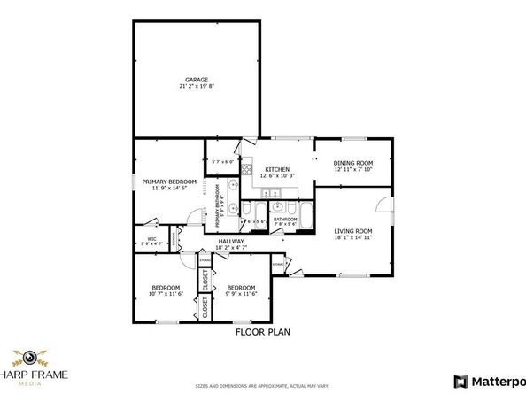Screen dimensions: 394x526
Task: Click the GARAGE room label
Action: coord(197,80)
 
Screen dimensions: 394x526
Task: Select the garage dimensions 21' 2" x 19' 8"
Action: coord(197,87)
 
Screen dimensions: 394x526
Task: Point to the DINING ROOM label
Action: coord(353,163)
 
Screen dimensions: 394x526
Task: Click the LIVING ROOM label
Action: coord(353,232)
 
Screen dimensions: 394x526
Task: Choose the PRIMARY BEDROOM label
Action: coord(169,181)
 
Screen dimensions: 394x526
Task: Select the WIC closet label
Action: coord(151,238)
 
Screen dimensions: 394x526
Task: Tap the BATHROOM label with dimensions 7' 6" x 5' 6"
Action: coord(284,220)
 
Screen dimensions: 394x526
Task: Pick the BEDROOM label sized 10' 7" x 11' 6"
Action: coord(166,288)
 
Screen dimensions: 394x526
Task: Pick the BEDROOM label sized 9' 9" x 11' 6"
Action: coord(241,288)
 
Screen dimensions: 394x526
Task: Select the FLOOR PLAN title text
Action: coord(262,333)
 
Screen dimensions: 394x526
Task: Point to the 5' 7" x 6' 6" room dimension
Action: coord(222,160)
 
